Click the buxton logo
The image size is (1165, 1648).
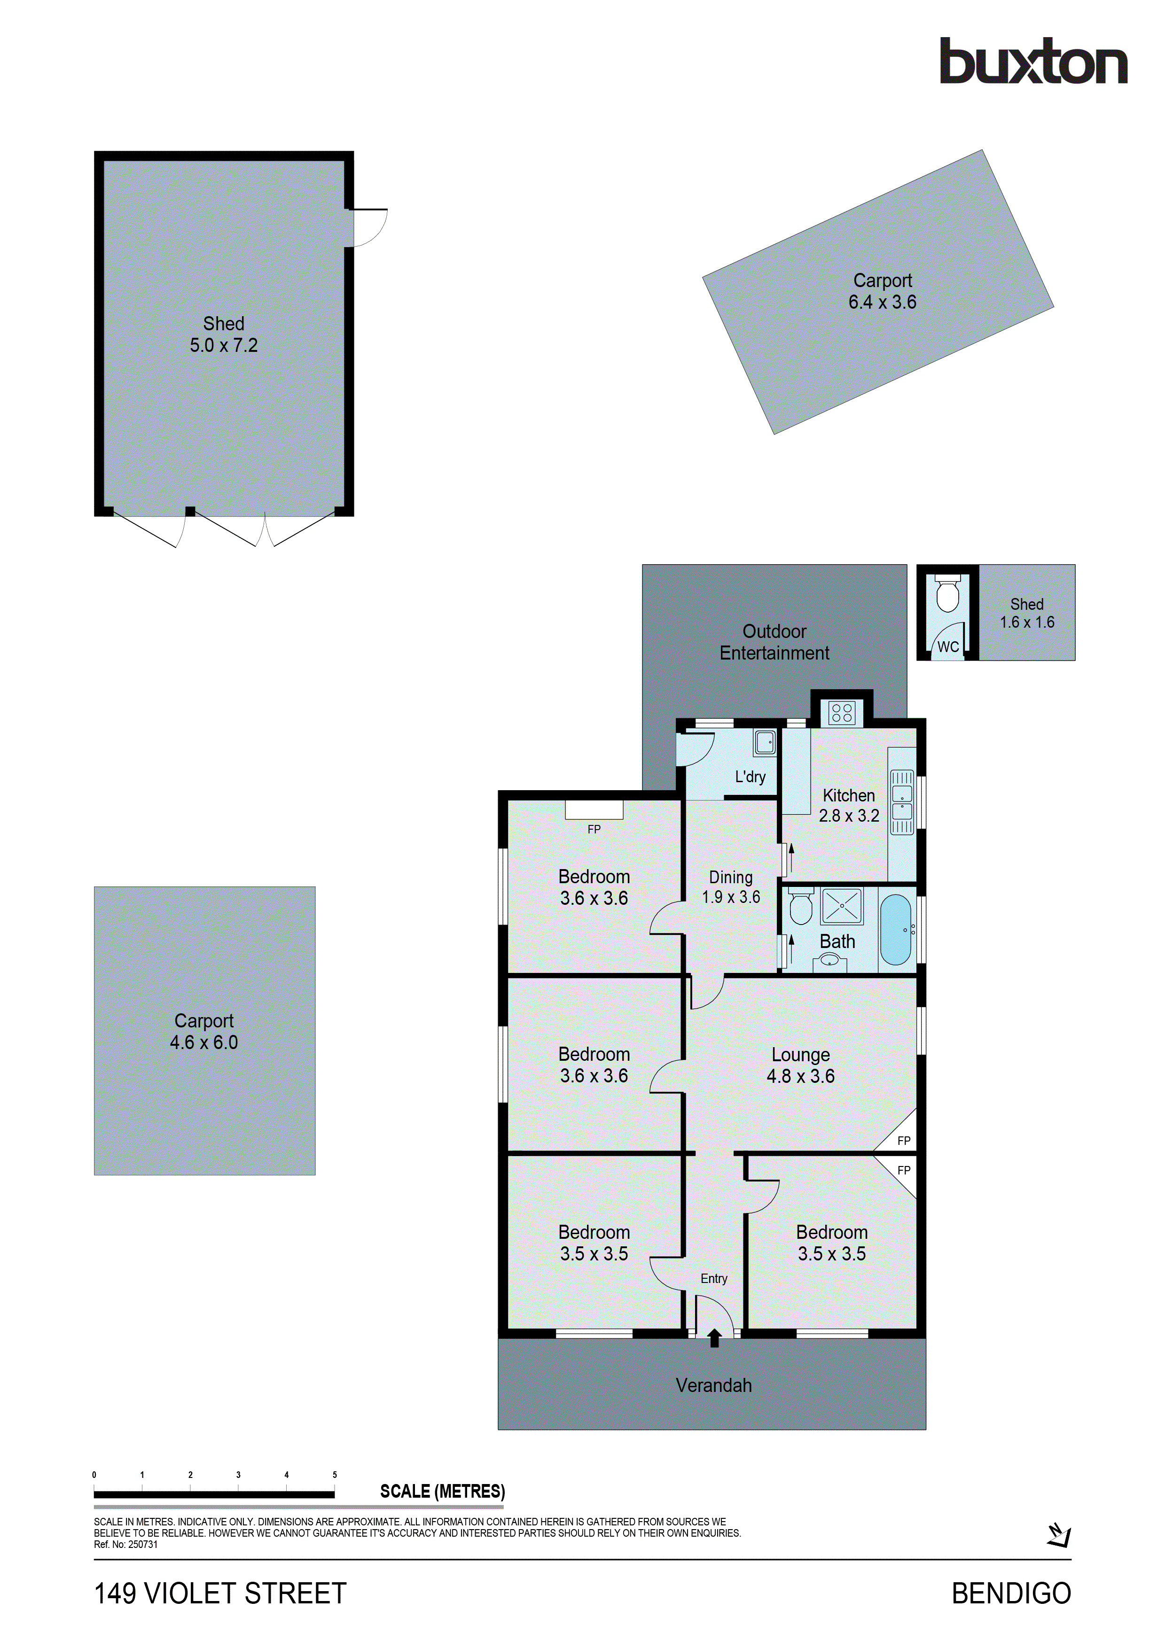pyautogui.click(x=1033, y=62)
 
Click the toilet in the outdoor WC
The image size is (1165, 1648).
pyautogui.click(x=947, y=594)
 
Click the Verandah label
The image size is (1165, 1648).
pyautogui.click(x=713, y=1385)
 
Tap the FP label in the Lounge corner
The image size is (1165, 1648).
pyautogui.click(x=904, y=1141)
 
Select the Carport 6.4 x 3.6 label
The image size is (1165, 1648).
pyautogui.click(x=882, y=291)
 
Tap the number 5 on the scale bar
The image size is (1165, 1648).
pyautogui.click(x=335, y=1475)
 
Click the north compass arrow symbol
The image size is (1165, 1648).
pyautogui.click(x=1059, y=1535)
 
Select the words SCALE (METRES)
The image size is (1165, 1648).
pyautogui.click(x=442, y=1492)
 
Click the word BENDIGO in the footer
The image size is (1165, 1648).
pyautogui.click(x=1011, y=1594)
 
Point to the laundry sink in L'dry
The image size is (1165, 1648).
pyautogui.click(x=765, y=743)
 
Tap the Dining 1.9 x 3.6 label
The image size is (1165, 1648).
pyautogui.click(x=731, y=886)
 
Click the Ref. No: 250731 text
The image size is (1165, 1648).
pyautogui.click(x=125, y=1545)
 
